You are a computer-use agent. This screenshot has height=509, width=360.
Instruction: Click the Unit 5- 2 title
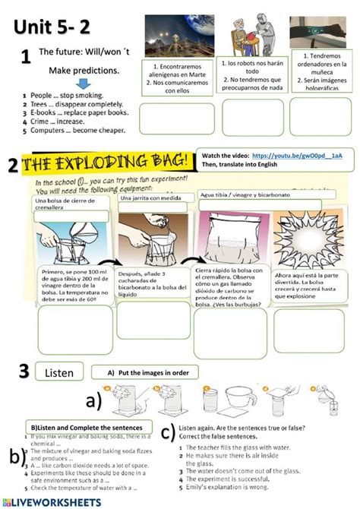[x=52, y=27]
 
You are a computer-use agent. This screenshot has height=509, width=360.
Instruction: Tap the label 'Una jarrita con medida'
[x=149, y=198]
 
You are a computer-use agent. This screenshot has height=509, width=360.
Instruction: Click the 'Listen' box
[x=59, y=373]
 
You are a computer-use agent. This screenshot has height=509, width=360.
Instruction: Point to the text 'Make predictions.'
[x=84, y=71]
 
